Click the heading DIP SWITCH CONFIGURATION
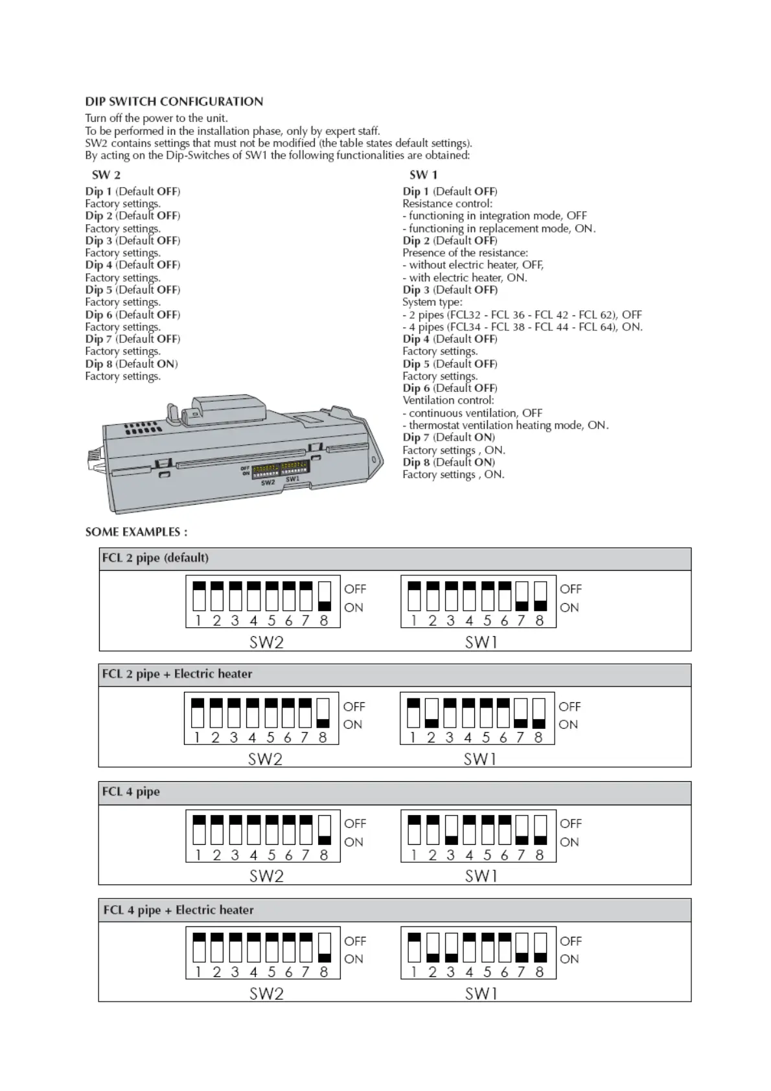[x=174, y=102]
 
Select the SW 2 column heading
[x=106, y=175]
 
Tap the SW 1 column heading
[x=423, y=175]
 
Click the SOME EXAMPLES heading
[x=136, y=532]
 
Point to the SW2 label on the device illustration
[x=268, y=483]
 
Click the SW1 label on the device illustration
[x=293, y=479]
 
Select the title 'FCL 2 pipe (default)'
[x=155, y=558]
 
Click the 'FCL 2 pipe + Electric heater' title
[x=177, y=674]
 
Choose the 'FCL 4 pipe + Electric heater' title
[x=178, y=910]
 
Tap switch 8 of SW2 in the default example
[x=325, y=596]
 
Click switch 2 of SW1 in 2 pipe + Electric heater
[x=431, y=713]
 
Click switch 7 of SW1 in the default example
[x=522, y=596]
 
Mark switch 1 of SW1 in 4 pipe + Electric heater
[x=414, y=948]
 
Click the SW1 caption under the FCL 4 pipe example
[x=481, y=877]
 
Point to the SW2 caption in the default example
[x=266, y=643]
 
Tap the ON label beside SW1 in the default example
[x=570, y=608]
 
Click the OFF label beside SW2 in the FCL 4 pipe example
[x=355, y=823]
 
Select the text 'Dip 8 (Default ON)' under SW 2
[x=132, y=364]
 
